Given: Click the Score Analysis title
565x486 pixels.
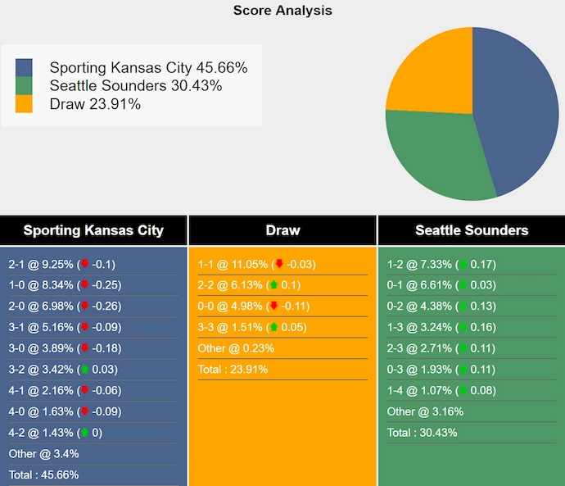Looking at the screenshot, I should [x=282, y=11].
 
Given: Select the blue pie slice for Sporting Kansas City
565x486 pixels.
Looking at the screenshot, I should [x=516, y=107].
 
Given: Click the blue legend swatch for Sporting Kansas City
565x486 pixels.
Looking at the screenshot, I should [x=25, y=68].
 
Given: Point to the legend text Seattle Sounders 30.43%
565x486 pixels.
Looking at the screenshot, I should [x=136, y=86].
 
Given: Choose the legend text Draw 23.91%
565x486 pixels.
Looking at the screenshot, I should [x=95, y=104].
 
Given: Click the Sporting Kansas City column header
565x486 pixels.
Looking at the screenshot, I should [x=93, y=230].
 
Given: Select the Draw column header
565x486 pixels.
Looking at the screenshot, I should [x=282, y=230].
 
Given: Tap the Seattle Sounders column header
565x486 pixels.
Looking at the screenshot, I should [x=472, y=230].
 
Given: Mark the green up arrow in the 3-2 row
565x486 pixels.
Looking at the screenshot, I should [x=84, y=370].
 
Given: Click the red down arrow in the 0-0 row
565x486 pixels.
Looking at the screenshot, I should [x=273, y=307].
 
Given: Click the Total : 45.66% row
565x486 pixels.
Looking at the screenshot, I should [x=43, y=475].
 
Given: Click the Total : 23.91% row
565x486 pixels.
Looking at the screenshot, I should [x=233, y=370].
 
